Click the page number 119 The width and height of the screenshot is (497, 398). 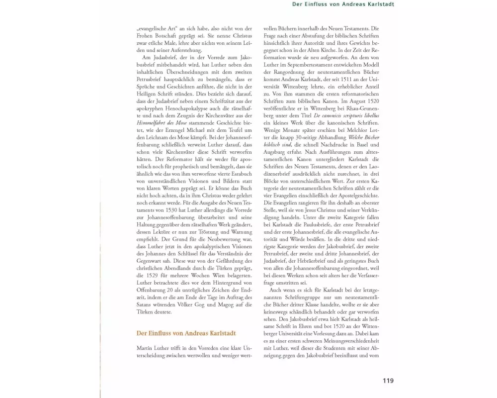click(x=388, y=381)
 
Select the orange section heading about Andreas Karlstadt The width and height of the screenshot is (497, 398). click(x=186, y=333)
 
